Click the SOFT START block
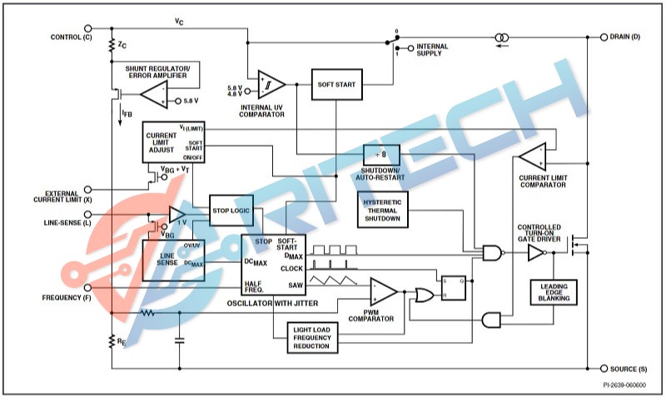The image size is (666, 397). tap(337, 84)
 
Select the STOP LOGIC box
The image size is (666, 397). tap(230, 210)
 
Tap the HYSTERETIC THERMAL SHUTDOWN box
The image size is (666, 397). tap(383, 208)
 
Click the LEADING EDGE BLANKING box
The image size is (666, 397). tap(554, 292)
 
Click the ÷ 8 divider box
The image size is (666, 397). tap(381, 154)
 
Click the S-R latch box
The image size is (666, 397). tap(454, 287)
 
